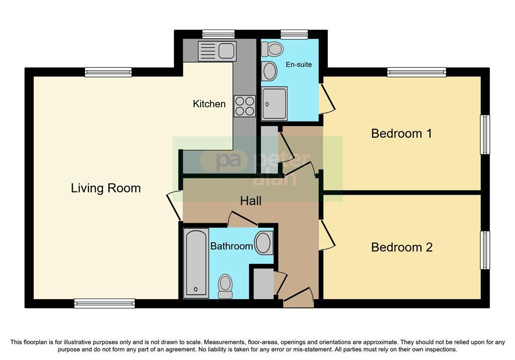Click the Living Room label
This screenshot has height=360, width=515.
click(x=106, y=188)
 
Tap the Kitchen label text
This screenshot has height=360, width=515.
click(x=209, y=104)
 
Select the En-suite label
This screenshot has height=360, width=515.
click(x=299, y=64)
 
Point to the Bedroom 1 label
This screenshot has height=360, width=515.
click(x=401, y=133)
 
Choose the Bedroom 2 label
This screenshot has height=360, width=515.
click(x=402, y=247)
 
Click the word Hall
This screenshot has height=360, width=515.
click(x=250, y=201)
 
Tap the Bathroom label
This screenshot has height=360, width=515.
click(x=231, y=246)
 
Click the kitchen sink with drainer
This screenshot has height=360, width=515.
click(x=217, y=51)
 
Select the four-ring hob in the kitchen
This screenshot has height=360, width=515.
click(x=245, y=106)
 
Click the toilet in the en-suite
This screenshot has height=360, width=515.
click(x=272, y=49)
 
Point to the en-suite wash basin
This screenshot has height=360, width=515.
click(x=270, y=71)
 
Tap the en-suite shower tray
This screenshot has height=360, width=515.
click(x=275, y=103)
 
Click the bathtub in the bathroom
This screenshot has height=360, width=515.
click(x=196, y=263)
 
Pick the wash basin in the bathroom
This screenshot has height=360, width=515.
click(x=264, y=243)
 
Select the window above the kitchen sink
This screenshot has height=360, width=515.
click(x=218, y=34)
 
